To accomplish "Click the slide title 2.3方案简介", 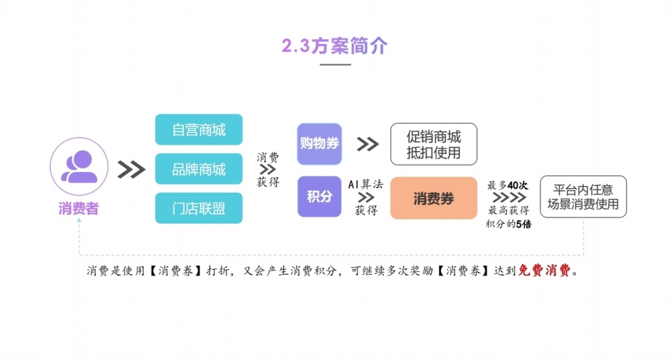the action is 335,46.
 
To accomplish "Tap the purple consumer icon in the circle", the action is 79,166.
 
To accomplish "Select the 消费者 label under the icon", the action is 79,208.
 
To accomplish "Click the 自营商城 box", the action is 199,130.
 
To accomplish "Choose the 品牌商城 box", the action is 199,169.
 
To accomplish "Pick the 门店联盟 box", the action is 199,208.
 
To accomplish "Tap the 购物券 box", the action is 319,144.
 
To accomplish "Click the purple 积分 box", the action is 319,196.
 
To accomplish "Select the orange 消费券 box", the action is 433,199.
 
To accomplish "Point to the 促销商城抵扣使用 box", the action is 433,144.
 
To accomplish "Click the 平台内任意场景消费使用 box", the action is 583,197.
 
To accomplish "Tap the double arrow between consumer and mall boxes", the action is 131,169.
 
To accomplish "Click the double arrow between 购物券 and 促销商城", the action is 368,144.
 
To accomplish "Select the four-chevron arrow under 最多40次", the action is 510,197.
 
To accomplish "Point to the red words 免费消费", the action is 544,271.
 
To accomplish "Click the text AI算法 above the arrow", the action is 366,185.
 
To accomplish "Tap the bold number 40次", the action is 518,185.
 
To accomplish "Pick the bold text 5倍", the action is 524,224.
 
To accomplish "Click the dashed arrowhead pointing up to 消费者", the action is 79,219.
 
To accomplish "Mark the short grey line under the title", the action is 335,64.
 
